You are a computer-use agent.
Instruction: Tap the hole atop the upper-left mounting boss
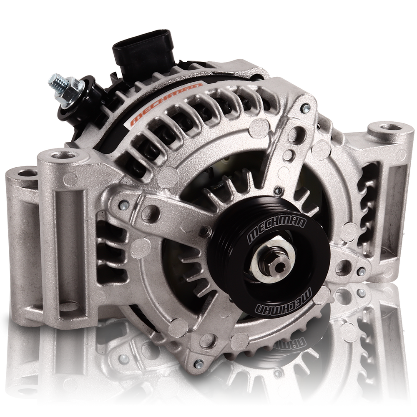62,156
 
